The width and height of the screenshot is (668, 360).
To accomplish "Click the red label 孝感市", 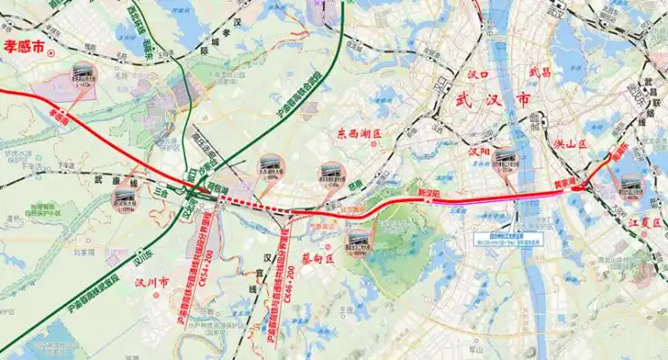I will (x=24, y=48).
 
